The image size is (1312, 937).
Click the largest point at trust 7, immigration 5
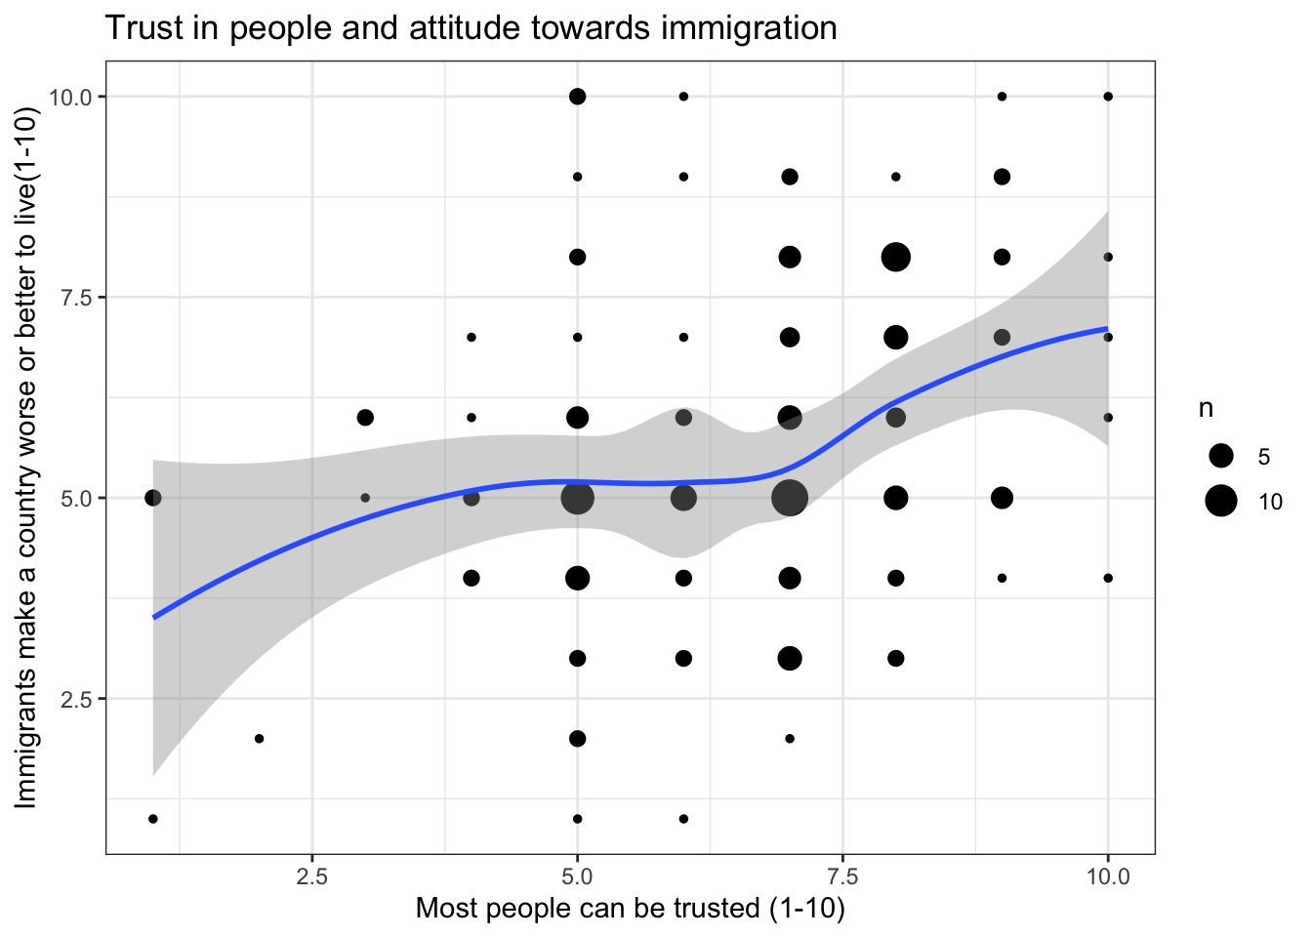[x=790, y=498]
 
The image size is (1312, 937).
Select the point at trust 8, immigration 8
[x=895, y=258]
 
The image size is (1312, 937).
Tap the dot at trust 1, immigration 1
[x=153, y=819]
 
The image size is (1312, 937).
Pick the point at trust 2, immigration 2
[x=259, y=739]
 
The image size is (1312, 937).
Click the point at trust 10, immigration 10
[x=1108, y=97]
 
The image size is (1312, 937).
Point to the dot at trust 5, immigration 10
[x=577, y=97]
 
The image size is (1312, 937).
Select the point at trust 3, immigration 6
[x=365, y=418]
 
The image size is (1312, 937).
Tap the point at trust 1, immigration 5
[x=153, y=498]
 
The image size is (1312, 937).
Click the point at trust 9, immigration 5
[x=1002, y=498]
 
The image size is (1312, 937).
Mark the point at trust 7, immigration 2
[x=790, y=739]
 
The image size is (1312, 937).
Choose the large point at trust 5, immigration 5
[x=577, y=498]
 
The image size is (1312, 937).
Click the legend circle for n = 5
[x=1220, y=456]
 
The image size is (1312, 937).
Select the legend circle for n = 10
[x=1220, y=502]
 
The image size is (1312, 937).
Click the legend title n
[x=1207, y=409]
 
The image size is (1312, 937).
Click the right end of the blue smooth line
[x=1107, y=329]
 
